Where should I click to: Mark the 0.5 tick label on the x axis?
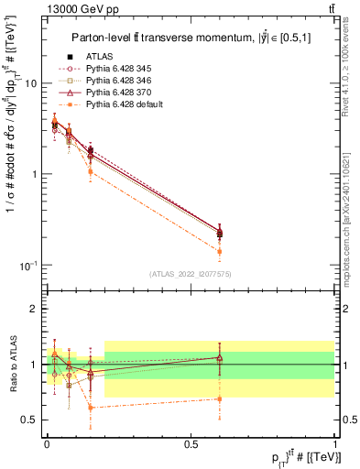(x=191, y=442)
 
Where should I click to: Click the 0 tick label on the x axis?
(x=47, y=442)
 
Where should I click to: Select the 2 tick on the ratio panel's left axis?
(x=36, y=309)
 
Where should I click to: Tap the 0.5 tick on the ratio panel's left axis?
(x=32, y=420)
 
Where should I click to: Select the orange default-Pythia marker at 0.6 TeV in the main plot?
(x=220, y=251)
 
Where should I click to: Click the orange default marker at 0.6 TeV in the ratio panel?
(x=220, y=398)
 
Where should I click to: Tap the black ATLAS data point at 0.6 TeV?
(x=220, y=233)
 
